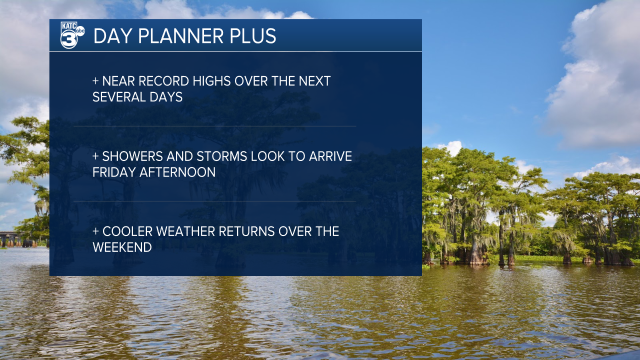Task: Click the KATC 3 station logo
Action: click(72, 35)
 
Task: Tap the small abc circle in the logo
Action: click(80, 31)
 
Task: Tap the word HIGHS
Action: click(211, 81)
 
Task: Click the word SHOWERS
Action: click(132, 156)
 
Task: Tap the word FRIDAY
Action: click(114, 172)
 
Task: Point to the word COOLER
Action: click(127, 231)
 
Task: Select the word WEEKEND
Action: click(122, 247)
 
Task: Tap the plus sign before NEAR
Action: click(95, 81)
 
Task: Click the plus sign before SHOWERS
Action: click(95, 156)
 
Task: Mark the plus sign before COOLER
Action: click(95, 231)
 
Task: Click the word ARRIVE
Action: click(330, 156)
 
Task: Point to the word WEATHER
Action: click(185, 231)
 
